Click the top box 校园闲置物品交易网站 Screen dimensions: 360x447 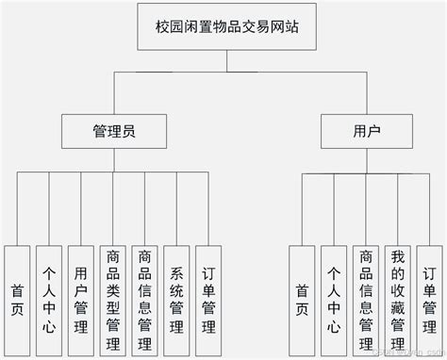point(225,25)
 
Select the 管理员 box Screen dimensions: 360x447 point(115,131)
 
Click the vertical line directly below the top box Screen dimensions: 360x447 point(225,62)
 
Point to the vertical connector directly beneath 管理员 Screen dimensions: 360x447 point(114,160)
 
